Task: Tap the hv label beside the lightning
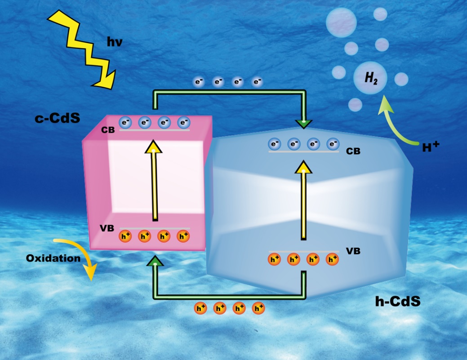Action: click(x=115, y=43)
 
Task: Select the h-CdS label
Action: click(x=397, y=301)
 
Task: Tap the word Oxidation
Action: click(x=53, y=258)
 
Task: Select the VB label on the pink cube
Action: click(x=107, y=228)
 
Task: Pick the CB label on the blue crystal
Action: click(x=353, y=151)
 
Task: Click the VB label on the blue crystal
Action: click(x=353, y=250)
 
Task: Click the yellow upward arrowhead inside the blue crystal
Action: click(x=304, y=167)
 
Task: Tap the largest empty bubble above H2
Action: click(x=341, y=22)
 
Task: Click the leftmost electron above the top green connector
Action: click(x=199, y=82)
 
